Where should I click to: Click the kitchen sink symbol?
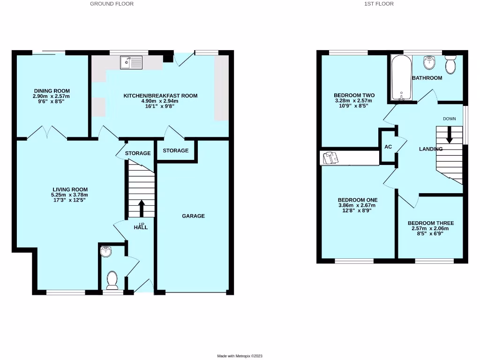[x=131, y=62]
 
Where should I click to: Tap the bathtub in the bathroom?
[x=400, y=78]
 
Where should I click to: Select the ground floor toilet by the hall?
[x=112, y=280]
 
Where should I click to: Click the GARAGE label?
[x=194, y=216]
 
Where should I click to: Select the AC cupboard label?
[x=388, y=147]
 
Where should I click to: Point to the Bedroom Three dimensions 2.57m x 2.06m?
[x=431, y=228]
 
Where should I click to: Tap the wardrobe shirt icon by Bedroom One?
[x=331, y=158]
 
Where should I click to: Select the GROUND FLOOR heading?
[x=112, y=4]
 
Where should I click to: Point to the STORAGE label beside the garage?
[x=176, y=150]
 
